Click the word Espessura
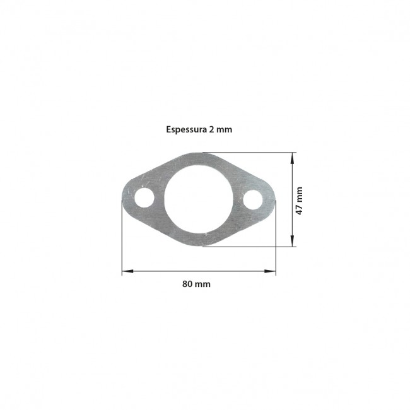point(187,130)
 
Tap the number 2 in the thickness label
point(211,129)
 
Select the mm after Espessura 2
point(224,130)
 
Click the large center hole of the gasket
point(199,199)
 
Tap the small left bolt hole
point(144,197)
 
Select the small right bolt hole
point(253,200)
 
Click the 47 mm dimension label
point(299,201)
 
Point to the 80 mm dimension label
point(196,284)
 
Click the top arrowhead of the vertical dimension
point(292,158)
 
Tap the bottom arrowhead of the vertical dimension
point(292,240)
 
